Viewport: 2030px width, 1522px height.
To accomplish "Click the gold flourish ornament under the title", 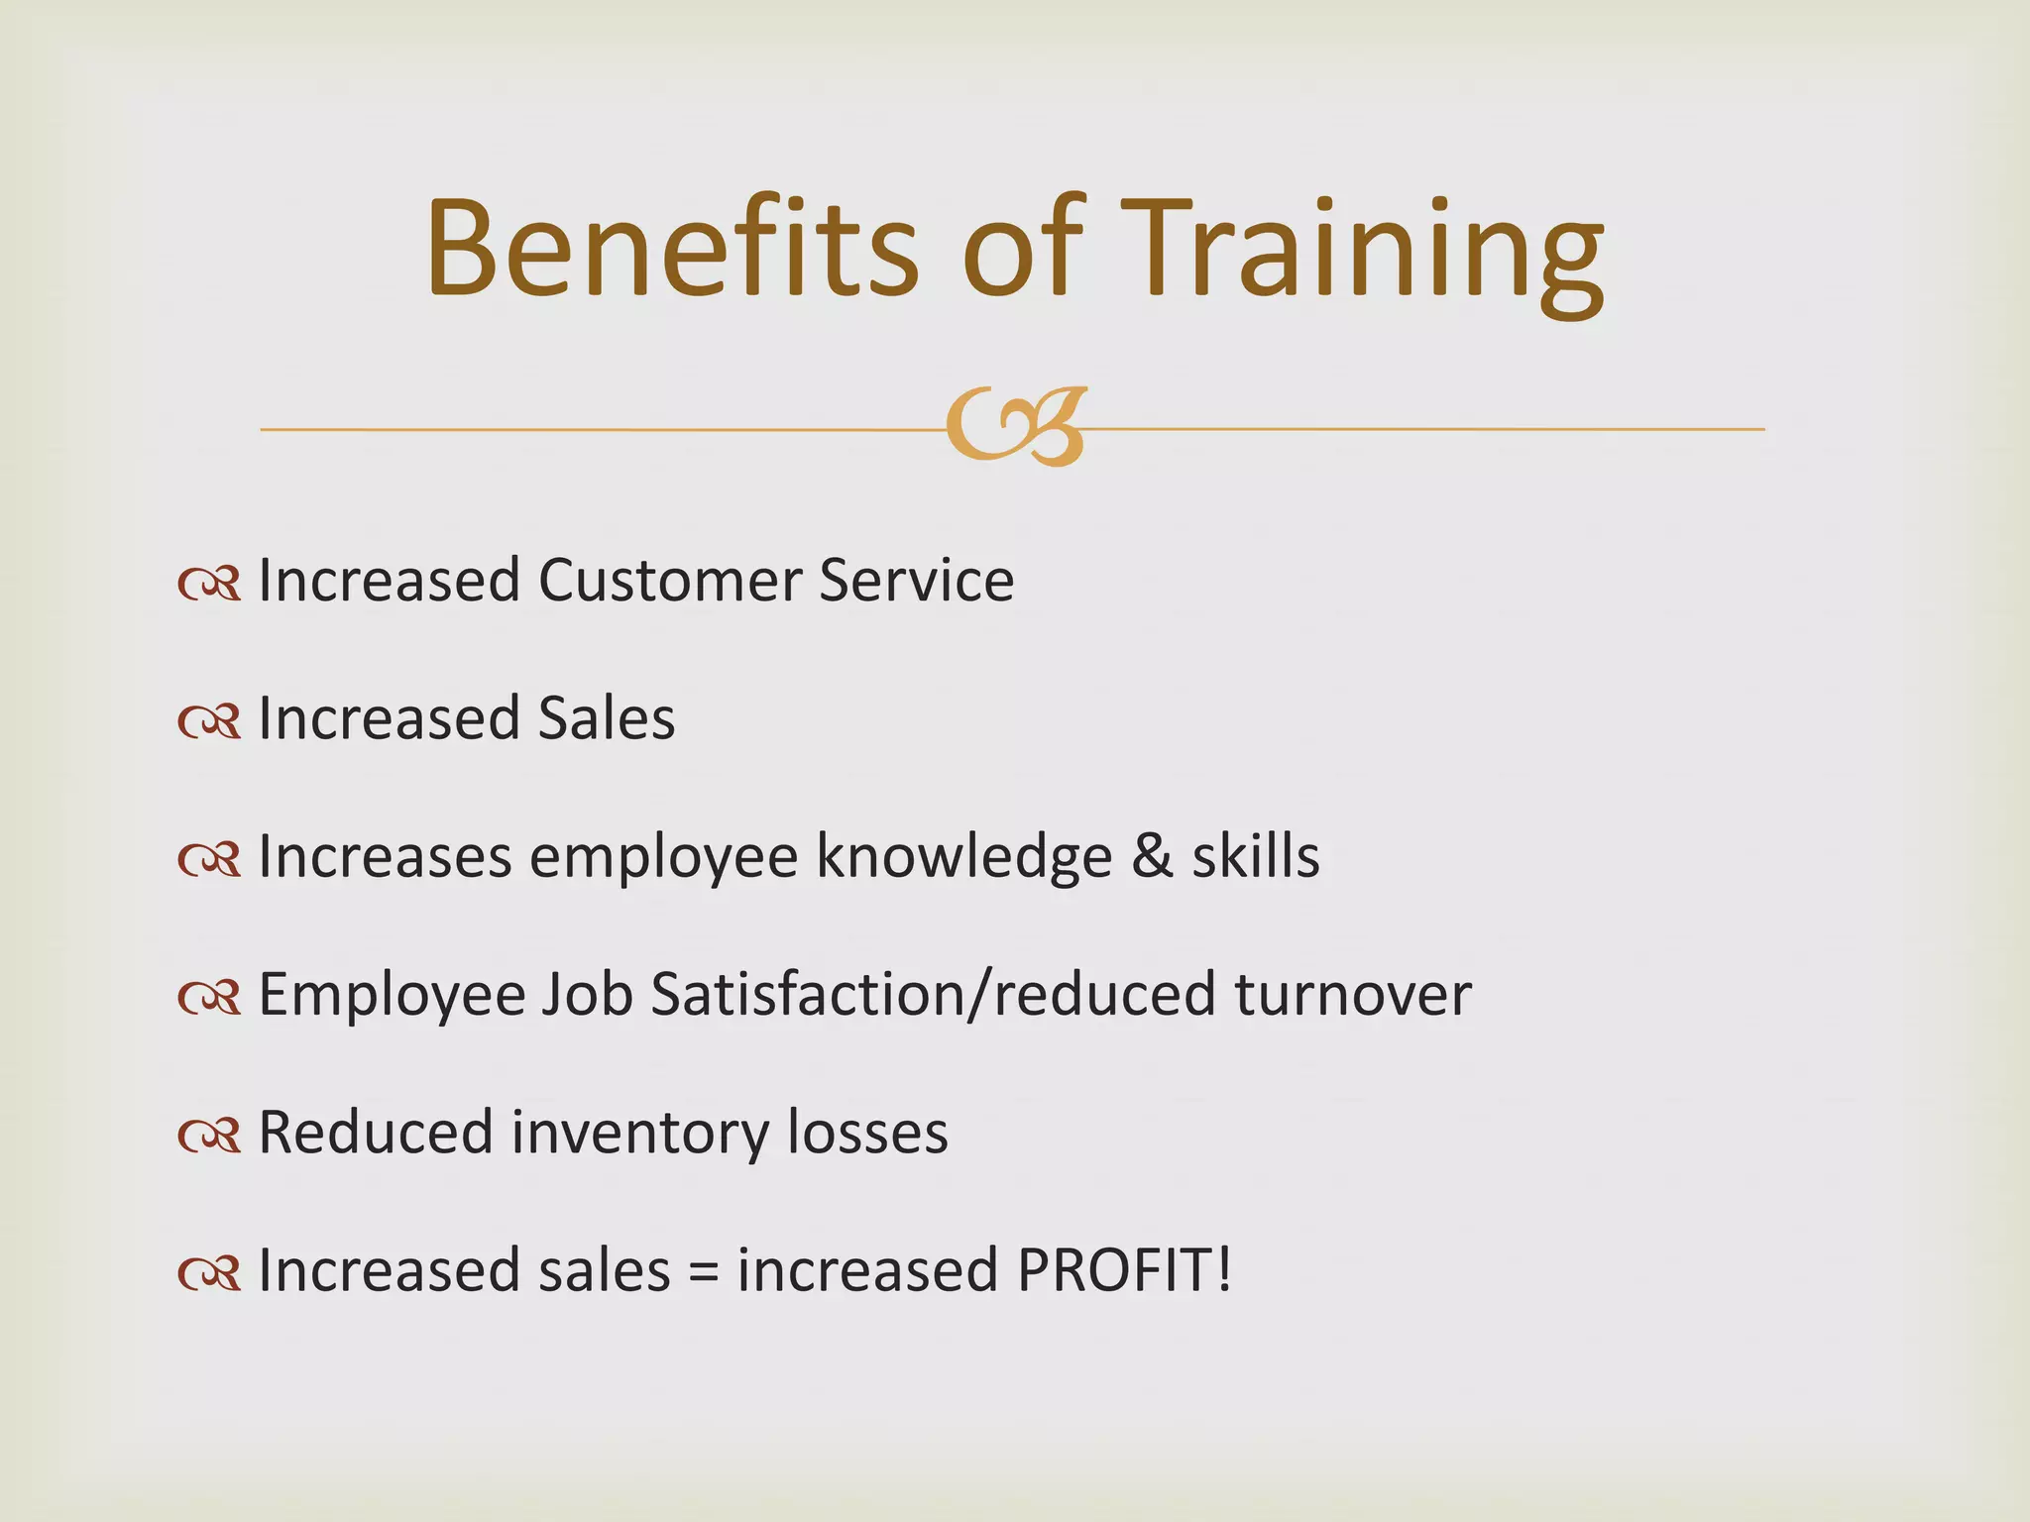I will [1016, 427].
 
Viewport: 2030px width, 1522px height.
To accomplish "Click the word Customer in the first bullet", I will [666, 581].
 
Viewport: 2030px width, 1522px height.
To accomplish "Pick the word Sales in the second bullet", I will [606, 718].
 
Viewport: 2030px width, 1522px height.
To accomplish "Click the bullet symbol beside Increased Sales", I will [209, 722].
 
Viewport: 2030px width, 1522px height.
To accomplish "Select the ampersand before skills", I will [1152, 857].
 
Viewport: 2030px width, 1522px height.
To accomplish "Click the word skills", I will [1255, 857].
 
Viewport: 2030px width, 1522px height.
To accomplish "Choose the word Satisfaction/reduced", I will [933, 995].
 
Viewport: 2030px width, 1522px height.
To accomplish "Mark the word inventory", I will [639, 1133].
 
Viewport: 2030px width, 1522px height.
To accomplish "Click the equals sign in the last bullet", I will [703, 1272].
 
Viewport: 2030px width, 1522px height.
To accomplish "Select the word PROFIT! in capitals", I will [1124, 1270].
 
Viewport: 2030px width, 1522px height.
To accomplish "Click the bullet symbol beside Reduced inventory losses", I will [209, 1137].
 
